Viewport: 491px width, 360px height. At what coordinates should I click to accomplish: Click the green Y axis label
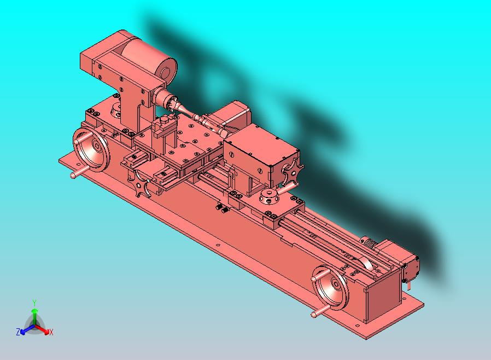(34, 302)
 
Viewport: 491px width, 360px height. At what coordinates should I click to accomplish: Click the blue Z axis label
(18, 332)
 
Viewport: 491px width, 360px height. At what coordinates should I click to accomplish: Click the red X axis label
(51, 332)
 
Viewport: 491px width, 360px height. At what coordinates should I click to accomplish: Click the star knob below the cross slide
(142, 187)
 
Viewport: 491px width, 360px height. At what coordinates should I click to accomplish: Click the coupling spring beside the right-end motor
(367, 241)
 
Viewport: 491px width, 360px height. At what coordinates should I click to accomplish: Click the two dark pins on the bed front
(221, 208)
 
